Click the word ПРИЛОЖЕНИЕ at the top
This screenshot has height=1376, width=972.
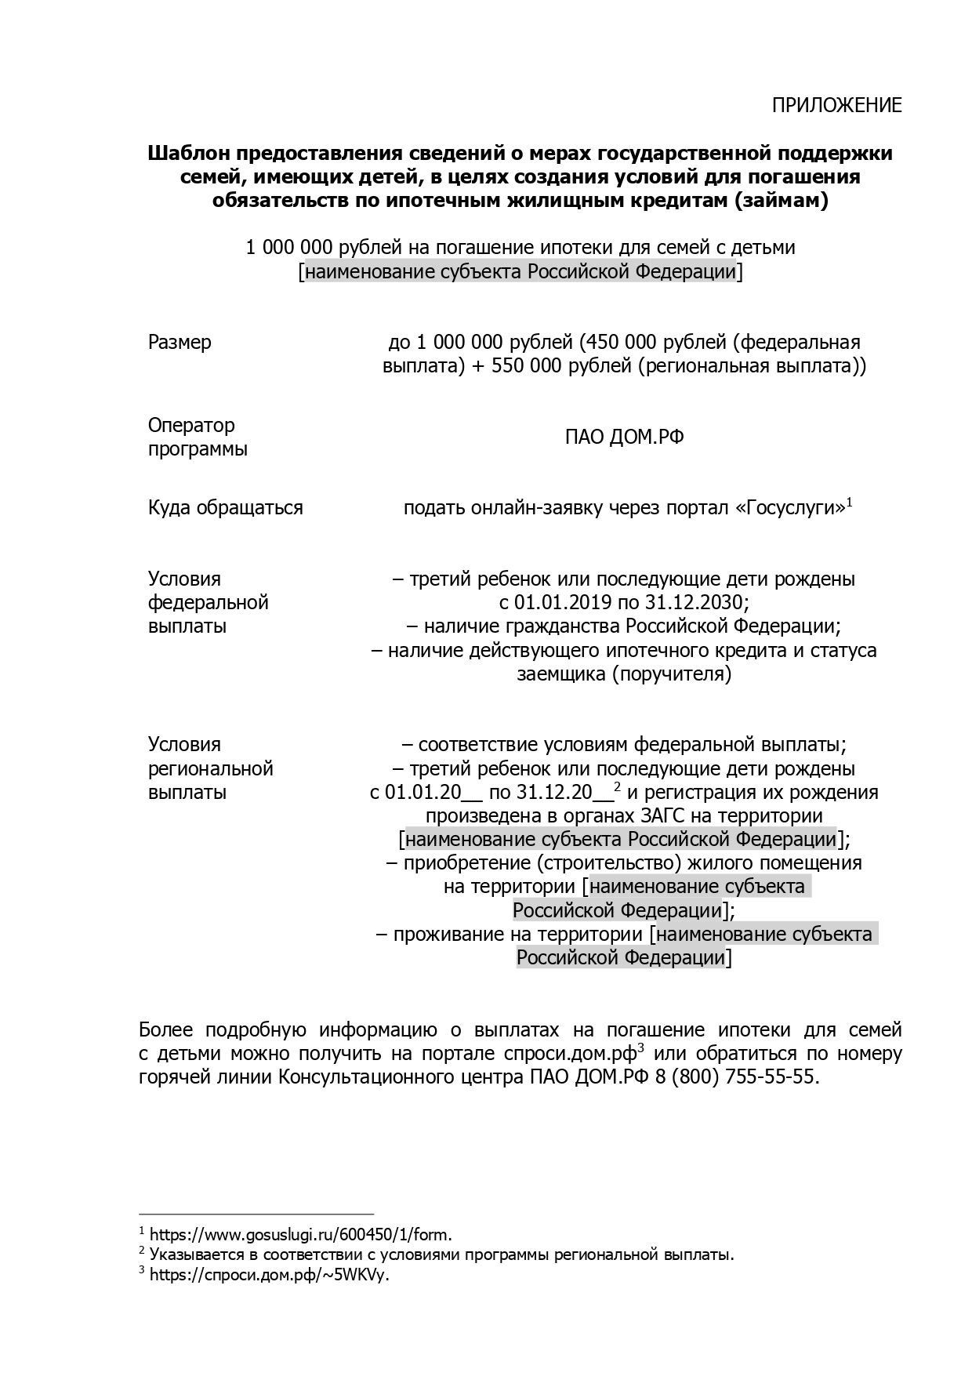click(836, 105)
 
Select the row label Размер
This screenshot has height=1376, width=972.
click(180, 343)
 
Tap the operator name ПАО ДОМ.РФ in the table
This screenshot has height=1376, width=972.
click(624, 437)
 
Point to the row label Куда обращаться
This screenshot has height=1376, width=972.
click(225, 508)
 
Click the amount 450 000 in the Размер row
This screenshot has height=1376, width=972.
click(624, 343)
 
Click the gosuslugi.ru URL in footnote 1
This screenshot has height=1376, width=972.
click(300, 1235)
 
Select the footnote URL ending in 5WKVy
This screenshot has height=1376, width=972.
click(269, 1275)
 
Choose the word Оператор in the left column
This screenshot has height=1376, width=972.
click(191, 426)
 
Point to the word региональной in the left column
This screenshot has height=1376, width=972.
click(210, 768)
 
